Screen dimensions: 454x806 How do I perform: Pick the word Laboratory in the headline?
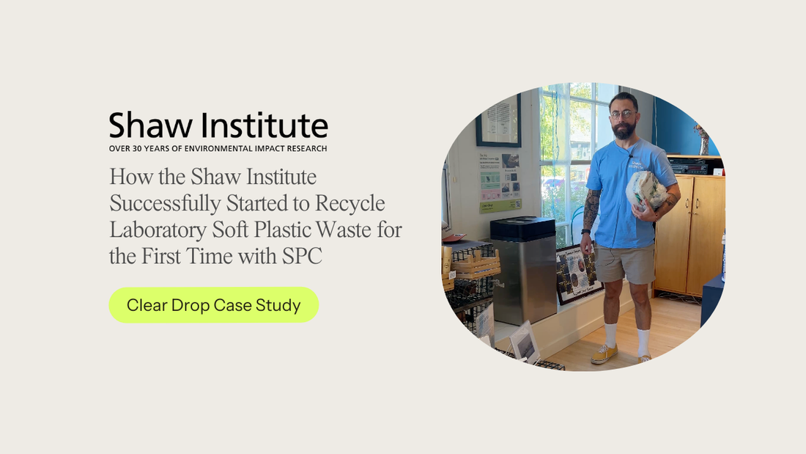[x=155, y=229]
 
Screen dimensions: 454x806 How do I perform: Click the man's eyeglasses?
[x=623, y=114]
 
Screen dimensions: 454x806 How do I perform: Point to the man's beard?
[x=624, y=131]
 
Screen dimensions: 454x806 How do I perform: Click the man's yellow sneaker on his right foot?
[x=604, y=354]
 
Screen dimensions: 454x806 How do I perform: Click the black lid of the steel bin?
[x=522, y=227]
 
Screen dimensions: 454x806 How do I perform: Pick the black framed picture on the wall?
[x=498, y=120]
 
